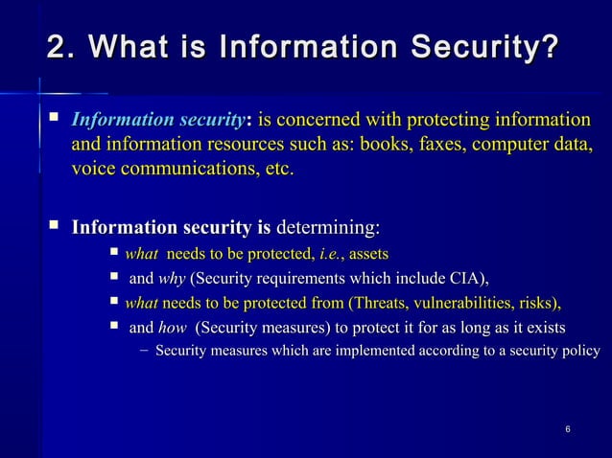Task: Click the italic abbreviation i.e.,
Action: pyautogui.click(x=331, y=254)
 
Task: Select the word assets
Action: pyautogui.click(x=370, y=254)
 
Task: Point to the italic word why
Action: pyautogui.click(x=172, y=279)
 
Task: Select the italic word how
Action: pyautogui.click(x=173, y=329)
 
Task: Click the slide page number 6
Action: pyautogui.click(x=569, y=426)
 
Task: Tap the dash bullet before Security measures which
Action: pyautogui.click(x=143, y=353)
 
